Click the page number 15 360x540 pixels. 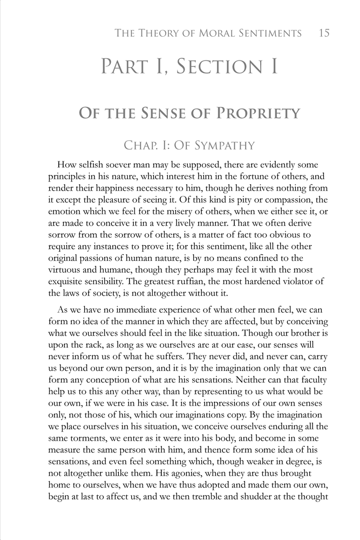(324, 33)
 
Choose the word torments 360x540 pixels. (89, 421)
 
